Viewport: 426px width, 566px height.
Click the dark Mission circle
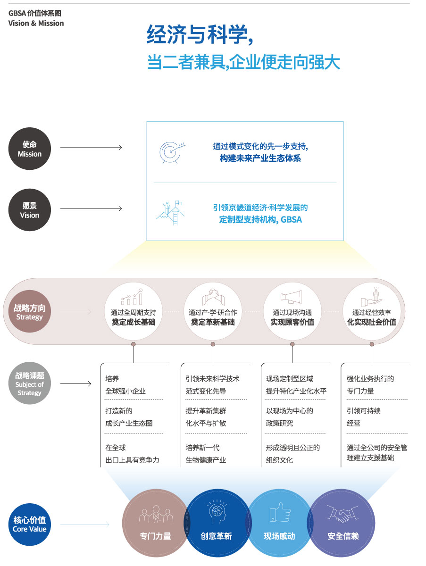pyautogui.click(x=30, y=149)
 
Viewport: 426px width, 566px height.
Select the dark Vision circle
pyautogui.click(x=30, y=209)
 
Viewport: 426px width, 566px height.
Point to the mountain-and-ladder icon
pyautogui.click(x=170, y=213)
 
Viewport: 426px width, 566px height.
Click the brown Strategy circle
pyautogui.click(x=30, y=311)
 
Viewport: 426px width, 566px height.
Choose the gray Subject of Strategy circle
pyautogui.click(x=30, y=383)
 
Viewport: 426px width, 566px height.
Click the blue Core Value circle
pyautogui.click(x=30, y=524)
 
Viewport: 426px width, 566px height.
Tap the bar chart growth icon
pyautogui.click(x=132, y=297)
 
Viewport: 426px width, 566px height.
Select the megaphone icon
pyautogui.click(x=292, y=297)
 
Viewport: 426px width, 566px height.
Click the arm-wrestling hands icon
pyautogui.click(x=213, y=297)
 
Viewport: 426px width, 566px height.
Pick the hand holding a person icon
pyautogui.click(x=372, y=296)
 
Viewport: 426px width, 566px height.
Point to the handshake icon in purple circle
pyautogui.click(x=342, y=514)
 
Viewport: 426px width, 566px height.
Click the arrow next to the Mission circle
pyautogui.click(x=91, y=147)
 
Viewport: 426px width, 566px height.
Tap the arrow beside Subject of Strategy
pyautogui.click(x=75, y=383)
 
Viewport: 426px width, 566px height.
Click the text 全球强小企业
pyautogui.click(x=125, y=391)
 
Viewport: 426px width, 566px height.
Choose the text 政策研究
pyautogui.click(x=279, y=423)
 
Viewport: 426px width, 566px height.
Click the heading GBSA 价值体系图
pyautogui.click(x=35, y=13)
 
